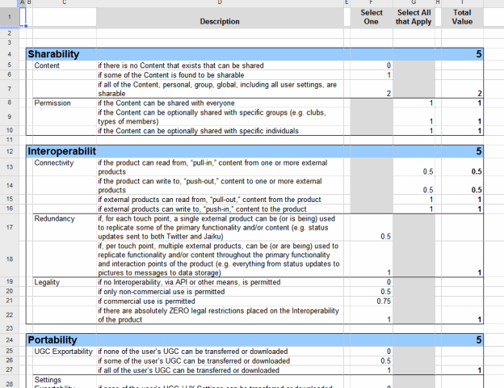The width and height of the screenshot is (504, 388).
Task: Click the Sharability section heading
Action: pyautogui.click(x=53, y=54)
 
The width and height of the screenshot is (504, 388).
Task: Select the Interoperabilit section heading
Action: pyautogui.click(x=61, y=151)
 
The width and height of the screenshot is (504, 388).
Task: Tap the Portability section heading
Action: pyautogui.click(x=52, y=340)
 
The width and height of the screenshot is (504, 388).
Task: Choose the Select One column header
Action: pyautogui.click(x=372, y=17)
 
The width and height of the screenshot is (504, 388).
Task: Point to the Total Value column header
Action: pyautogui.click(x=462, y=17)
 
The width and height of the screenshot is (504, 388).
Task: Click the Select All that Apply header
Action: pyautogui.click(x=414, y=17)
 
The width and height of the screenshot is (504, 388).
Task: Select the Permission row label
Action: pyautogui.click(x=52, y=103)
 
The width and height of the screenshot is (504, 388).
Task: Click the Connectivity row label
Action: pyautogui.click(x=54, y=162)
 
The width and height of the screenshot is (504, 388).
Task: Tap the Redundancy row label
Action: pyautogui.click(x=53, y=218)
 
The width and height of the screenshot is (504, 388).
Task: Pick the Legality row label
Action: pyautogui.click(x=47, y=282)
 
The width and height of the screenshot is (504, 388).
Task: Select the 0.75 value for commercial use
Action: pyautogui.click(x=384, y=301)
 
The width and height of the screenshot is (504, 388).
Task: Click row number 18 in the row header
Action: pyautogui.click(x=9, y=259)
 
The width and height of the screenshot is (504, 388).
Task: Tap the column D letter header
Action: pyautogui.click(x=220, y=3)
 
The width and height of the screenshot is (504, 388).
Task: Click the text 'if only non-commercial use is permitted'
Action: pyautogui.click(x=162, y=291)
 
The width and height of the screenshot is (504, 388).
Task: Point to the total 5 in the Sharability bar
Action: pyautogui.click(x=478, y=54)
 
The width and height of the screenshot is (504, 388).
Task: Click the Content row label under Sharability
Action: pyautogui.click(x=47, y=65)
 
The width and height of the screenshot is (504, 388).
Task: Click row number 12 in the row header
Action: pyautogui.click(x=9, y=151)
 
